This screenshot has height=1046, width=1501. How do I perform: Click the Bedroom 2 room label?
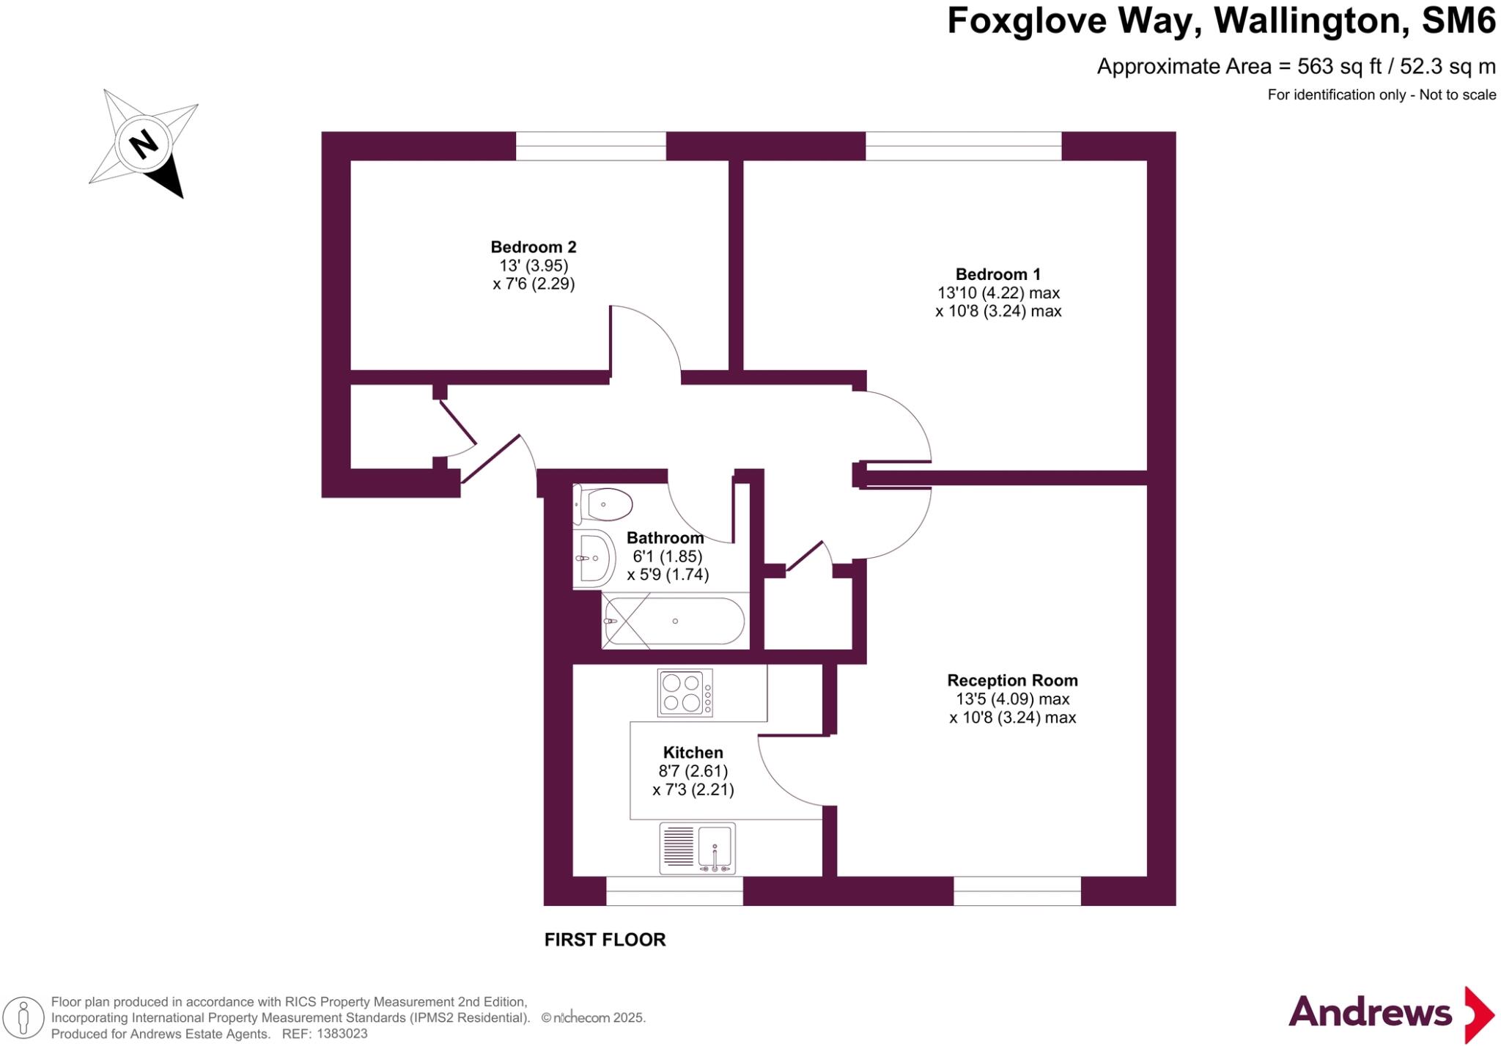tap(534, 247)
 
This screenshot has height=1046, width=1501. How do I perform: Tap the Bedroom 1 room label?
tap(998, 274)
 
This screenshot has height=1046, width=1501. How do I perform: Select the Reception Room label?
tap(1012, 680)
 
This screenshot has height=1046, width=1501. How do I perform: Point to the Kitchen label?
tap(693, 752)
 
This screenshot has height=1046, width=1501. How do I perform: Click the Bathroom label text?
tap(665, 538)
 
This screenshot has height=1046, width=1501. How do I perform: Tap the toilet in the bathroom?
tap(602, 504)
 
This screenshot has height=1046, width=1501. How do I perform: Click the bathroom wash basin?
tap(594, 559)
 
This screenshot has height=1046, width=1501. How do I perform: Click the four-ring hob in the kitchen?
tap(685, 693)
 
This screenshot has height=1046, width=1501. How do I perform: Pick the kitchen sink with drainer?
tap(697, 848)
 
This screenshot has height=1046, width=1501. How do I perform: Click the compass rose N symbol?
tap(144, 143)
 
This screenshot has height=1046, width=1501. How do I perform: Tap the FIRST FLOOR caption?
tap(605, 940)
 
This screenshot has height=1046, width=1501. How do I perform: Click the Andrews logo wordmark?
tap(1370, 1012)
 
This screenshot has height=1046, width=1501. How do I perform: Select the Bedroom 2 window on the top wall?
tap(591, 146)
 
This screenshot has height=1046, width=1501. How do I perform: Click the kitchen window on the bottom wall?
tap(674, 891)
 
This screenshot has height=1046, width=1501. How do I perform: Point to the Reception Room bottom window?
tap(1017, 891)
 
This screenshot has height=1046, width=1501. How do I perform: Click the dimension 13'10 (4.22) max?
tap(998, 293)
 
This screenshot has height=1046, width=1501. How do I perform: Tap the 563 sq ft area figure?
tap(1339, 67)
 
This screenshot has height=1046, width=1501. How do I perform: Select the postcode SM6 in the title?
tap(1458, 21)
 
